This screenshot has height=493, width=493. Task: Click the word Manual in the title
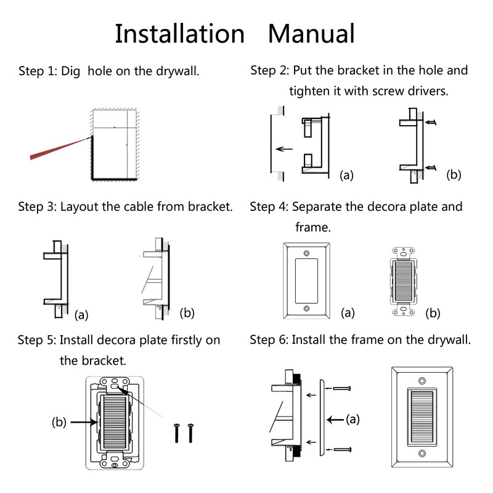pyautogui.click(x=311, y=34)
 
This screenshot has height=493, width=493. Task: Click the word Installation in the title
pyautogui.click(x=179, y=34)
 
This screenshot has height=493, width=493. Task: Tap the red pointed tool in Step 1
pyautogui.click(x=59, y=148)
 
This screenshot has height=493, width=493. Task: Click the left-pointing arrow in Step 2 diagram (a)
pyautogui.click(x=284, y=149)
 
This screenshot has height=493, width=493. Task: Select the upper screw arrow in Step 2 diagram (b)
pyautogui.click(x=431, y=122)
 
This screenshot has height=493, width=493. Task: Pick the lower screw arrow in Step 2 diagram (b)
pyautogui.click(x=431, y=168)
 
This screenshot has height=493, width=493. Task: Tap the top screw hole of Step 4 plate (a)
pyautogui.click(x=306, y=253)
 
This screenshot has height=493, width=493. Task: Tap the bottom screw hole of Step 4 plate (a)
pyautogui.click(x=306, y=309)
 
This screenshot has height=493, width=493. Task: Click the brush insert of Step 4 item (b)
pyautogui.click(x=403, y=281)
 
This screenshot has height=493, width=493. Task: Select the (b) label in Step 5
pyautogui.click(x=59, y=422)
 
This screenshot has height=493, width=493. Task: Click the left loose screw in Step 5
pyautogui.click(x=176, y=433)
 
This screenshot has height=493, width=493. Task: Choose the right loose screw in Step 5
pyautogui.click(x=190, y=433)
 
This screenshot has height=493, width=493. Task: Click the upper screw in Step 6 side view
pyautogui.click(x=341, y=389)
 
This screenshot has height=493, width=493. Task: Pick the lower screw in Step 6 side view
pyautogui.click(x=342, y=450)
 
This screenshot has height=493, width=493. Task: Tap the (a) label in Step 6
pyautogui.click(x=352, y=419)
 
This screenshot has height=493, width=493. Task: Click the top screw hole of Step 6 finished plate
pyautogui.click(x=422, y=381)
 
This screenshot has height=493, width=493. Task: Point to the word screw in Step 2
pyautogui.click(x=389, y=91)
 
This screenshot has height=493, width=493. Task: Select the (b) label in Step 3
pyautogui.click(x=187, y=313)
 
